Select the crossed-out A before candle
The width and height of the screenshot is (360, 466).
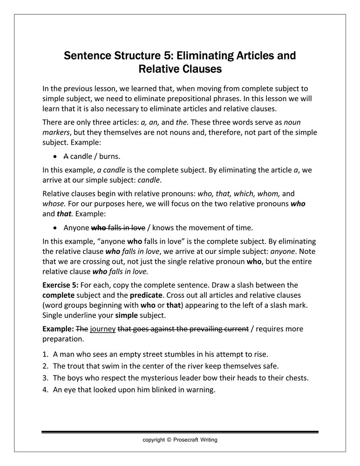pos(66,156)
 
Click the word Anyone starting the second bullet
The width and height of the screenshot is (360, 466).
pos(76,228)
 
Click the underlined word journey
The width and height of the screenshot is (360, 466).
pos(103,329)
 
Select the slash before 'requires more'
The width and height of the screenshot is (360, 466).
pos(252,329)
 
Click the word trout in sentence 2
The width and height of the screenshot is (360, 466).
pos(77,366)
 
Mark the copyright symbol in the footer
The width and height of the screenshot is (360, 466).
pos(169,439)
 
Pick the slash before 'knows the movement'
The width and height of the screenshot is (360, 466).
pos(149,228)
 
